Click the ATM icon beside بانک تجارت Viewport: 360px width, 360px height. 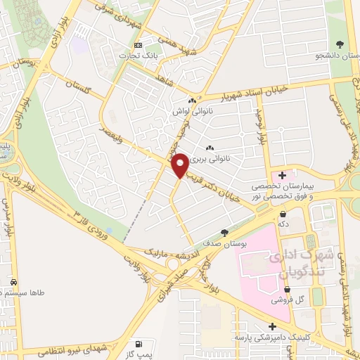(138, 46)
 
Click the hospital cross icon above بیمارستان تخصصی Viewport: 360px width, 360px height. (283, 175)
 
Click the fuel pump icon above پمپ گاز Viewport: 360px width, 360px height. (141, 343)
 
